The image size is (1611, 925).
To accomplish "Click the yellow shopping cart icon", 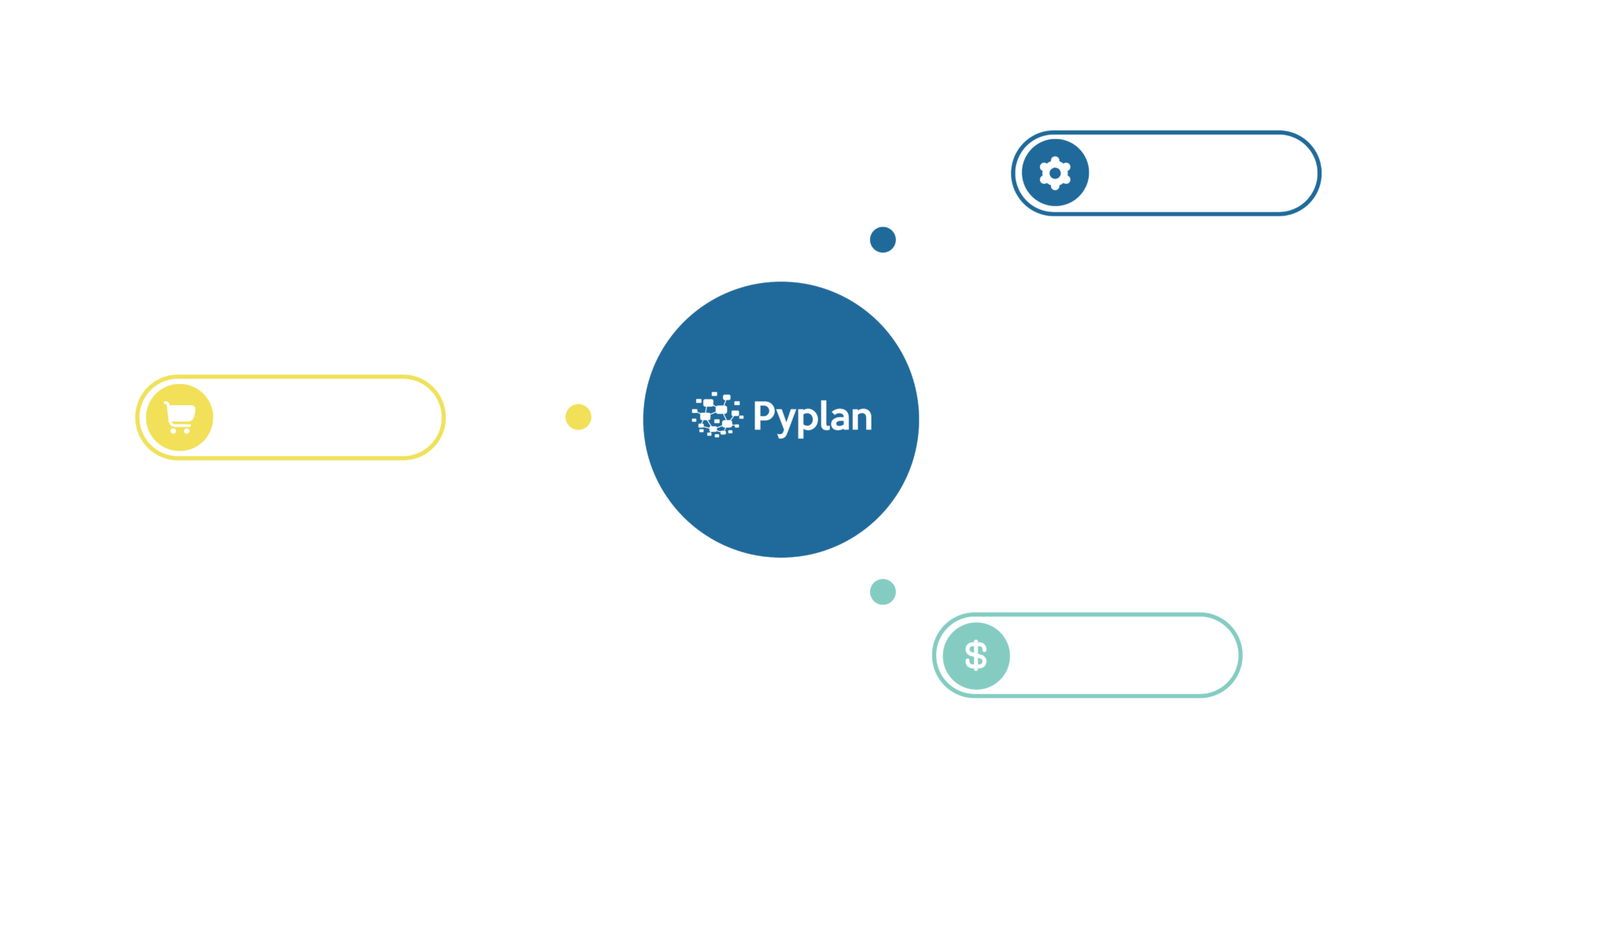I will (x=179, y=417).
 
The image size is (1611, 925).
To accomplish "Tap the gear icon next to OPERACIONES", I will (x=1054, y=173).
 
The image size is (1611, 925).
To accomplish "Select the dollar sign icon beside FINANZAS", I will (x=975, y=655).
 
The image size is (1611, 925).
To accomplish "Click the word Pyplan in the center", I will (x=813, y=417).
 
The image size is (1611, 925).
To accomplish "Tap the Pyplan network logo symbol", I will (x=717, y=415).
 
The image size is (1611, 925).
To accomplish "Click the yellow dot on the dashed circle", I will (x=579, y=417).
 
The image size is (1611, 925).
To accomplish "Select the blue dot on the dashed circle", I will (x=883, y=240).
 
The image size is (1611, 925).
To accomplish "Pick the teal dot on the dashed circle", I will (x=883, y=591).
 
